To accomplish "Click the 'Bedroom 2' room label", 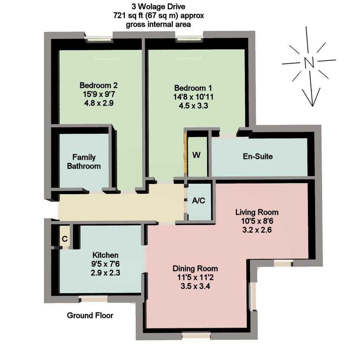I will point(99,85).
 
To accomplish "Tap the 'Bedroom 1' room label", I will point(193,88).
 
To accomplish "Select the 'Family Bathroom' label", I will point(84,162).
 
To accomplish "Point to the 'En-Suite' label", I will point(258,156).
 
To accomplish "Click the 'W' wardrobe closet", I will point(197,156).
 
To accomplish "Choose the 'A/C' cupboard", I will point(198,201).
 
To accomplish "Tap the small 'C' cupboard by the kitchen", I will point(65,239).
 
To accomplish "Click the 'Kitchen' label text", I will point(105,255).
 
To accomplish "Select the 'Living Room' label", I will point(257,212).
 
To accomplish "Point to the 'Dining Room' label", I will point(195,268).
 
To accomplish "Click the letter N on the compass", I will point(309,62).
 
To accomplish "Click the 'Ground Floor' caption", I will point(90,315).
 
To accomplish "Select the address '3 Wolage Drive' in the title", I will point(158,7).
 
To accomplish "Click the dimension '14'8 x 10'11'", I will point(193,97).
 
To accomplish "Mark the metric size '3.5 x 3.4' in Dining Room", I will point(195,286).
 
